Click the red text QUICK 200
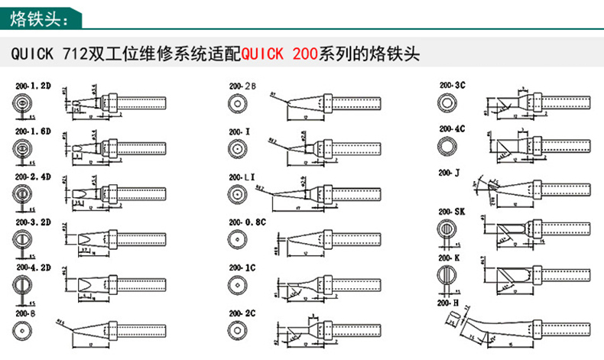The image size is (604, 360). click(280, 55)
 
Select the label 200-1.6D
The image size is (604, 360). click(31, 131)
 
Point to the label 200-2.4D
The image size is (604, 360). click(31, 176)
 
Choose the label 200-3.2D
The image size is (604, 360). click(31, 222)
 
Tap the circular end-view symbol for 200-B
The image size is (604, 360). click(24, 329)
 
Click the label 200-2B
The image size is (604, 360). click(242, 86)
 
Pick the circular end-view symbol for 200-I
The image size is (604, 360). click(237, 147)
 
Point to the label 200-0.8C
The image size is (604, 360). click(246, 222)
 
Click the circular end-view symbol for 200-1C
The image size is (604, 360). click(237, 284)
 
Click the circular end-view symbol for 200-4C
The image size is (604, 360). click(447, 145)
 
